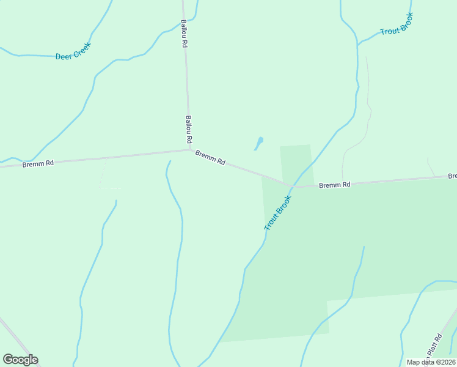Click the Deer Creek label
click(x=73, y=51)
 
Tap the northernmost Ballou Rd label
click(x=184, y=34)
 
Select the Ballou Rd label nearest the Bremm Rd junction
click(x=189, y=129)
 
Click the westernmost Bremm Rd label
click(x=38, y=163)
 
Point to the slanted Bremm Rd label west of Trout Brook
click(x=211, y=158)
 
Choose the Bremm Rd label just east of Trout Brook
click(x=335, y=184)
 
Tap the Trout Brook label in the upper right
click(x=397, y=24)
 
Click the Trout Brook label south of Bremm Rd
click(x=279, y=213)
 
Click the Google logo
click(x=20, y=359)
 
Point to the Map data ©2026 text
click(x=430, y=362)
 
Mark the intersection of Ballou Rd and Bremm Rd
click(x=190, y=149)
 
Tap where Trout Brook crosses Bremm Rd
click(x=293, y=186)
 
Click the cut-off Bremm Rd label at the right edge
click(x=452, y=176)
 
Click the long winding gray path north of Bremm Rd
click(x=368, y=110)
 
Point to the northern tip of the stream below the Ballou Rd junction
click(x=169, y=162)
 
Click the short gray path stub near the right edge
click(x=431, y=166)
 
